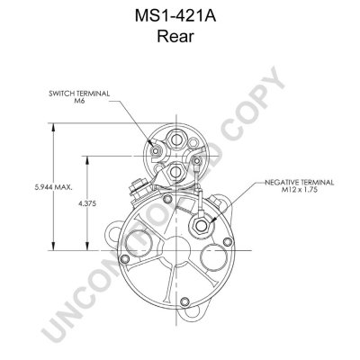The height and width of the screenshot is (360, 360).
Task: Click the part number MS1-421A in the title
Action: (175, 16)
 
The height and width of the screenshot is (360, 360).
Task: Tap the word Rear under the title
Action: (175, 36)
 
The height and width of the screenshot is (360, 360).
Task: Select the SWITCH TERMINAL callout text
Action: (79, 94)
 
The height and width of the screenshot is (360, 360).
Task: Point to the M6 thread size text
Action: (79, 101)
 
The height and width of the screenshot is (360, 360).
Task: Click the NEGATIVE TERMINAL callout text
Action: (299, 183)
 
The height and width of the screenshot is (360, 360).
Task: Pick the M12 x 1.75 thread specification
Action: (299, 190)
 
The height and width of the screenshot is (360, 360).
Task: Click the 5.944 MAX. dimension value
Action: (53, 187)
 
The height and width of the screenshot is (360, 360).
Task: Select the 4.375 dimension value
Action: (87, 203)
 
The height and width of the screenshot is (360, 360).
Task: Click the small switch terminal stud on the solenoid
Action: (156, 150)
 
